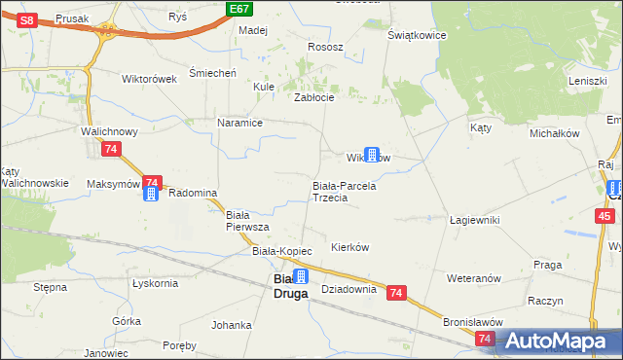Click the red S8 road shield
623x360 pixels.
(x=28, y=19)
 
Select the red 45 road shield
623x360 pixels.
(x=605, y=216)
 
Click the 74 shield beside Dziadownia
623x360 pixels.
(x=396, y=292)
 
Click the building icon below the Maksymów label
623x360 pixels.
(x=151, y=194)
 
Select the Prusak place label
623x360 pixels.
(x=72, y=18)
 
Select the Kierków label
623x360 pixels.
(x=350, y=247)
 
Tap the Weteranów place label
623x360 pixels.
(x=473, y=278)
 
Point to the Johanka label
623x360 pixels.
(x=231, y=325)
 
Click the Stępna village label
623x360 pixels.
(x=50, y=288)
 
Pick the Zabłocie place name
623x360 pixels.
(x=314, y=97)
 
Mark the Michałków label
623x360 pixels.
(x=555, y=132)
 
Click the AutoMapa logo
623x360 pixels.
(x=559, y=342)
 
